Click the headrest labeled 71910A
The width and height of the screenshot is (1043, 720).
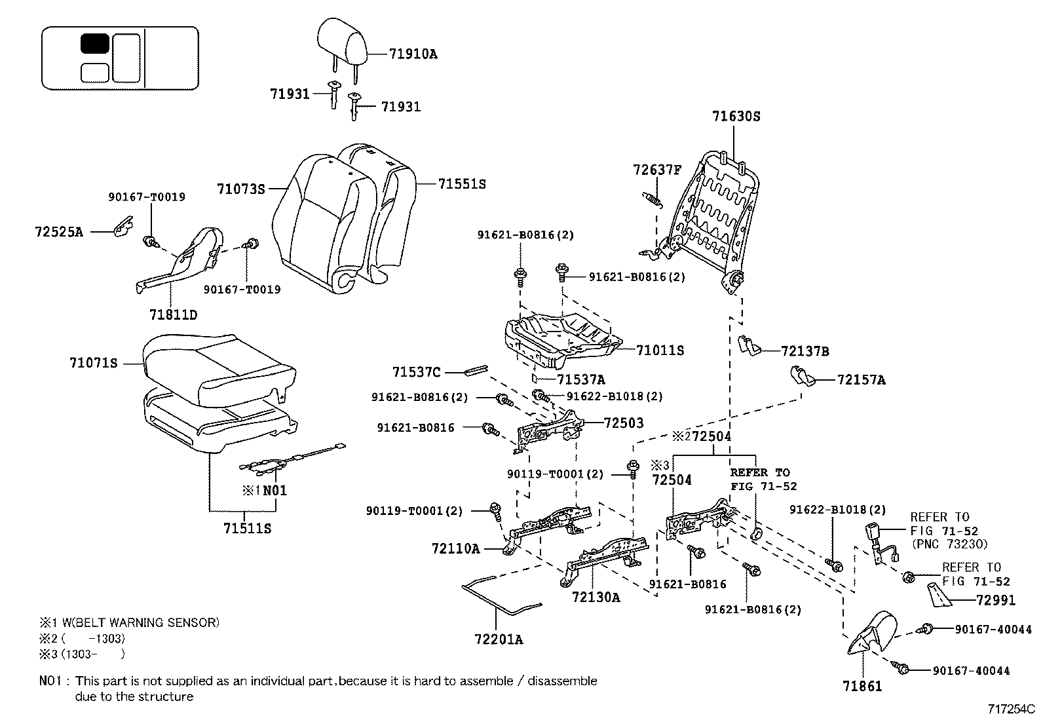coord(343,41)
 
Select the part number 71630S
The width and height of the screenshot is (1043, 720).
coord(736,117)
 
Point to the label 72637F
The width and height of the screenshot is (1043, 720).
coord(657,170)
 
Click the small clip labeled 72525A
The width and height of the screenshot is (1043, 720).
coord(121,227)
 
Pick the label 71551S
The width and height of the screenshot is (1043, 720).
coord(462,184)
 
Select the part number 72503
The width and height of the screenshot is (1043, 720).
coord(624,423)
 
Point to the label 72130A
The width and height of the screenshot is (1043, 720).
coord(596,597)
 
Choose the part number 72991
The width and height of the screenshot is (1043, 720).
coord(995,600)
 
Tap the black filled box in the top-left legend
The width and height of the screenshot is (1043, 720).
coord(95,44)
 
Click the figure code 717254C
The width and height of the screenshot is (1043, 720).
coord(1011,709)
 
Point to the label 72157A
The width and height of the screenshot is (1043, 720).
coord(861,380)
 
